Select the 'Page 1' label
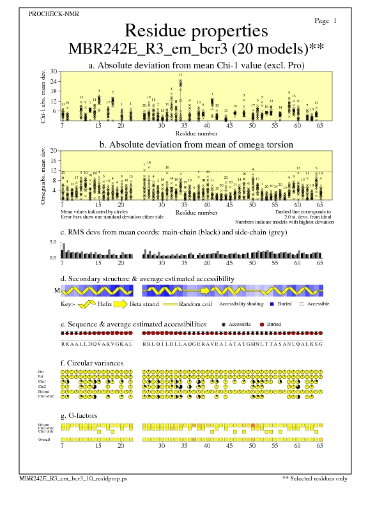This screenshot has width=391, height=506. pyautogui.click(x=326, y=21)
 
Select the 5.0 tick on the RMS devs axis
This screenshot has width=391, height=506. pyautogui.click(x=53, y=243)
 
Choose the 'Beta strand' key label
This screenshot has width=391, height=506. pyautogui.click(x=144, y=304)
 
